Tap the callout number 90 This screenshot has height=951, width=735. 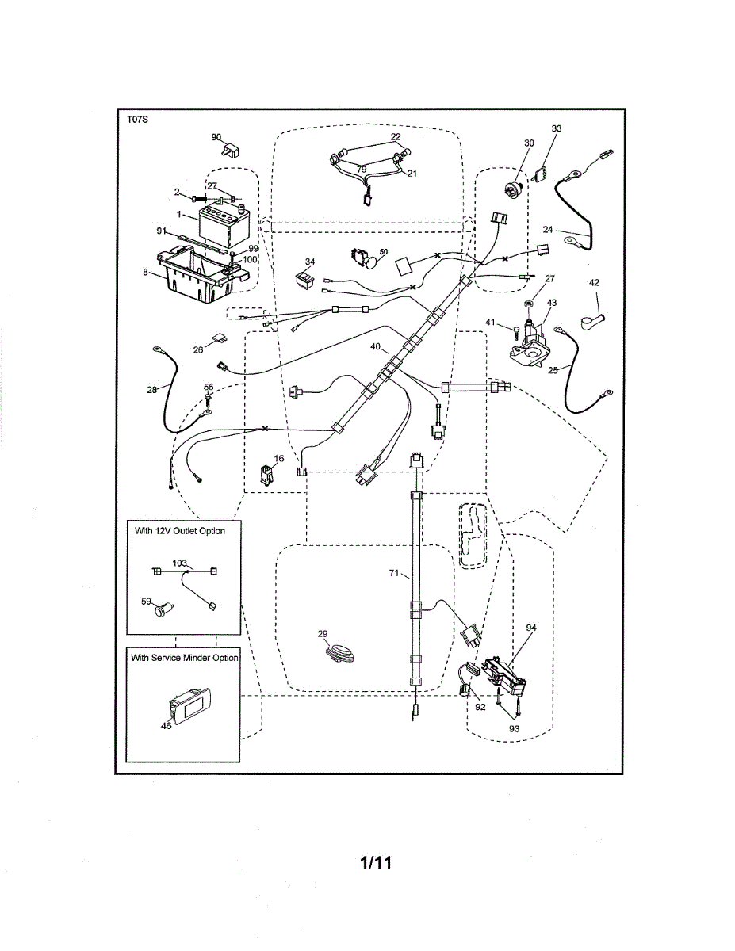216,137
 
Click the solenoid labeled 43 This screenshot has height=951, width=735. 533,342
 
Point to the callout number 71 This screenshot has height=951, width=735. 393,573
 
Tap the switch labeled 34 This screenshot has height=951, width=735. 303,276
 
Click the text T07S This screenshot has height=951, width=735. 137,120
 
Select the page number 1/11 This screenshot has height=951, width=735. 376,861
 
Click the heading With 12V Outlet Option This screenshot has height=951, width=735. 179,530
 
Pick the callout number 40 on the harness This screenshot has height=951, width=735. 375,346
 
